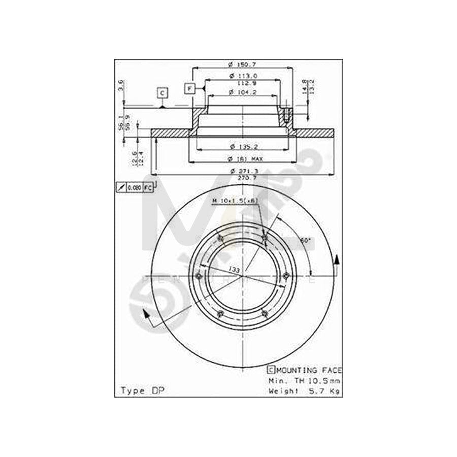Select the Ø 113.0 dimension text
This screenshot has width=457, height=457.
242,76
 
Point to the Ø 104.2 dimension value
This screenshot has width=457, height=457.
242,92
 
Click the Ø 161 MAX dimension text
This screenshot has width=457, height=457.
245,159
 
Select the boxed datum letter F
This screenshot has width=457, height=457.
190,88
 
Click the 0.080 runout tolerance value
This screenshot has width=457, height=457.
135,188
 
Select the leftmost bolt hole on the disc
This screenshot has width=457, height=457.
199,276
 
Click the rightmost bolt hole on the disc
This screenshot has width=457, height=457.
286,276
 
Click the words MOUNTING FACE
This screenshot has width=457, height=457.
308,370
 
